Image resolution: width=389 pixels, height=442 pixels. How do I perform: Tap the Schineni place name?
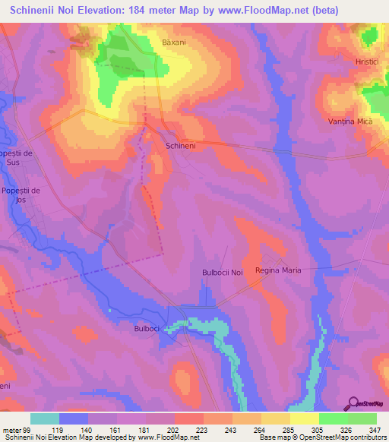[181, 144]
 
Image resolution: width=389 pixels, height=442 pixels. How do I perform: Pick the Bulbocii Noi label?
[222, 273]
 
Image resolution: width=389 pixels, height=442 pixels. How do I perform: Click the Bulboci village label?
[146, 329]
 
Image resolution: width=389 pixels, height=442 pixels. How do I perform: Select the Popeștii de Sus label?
[20, 157]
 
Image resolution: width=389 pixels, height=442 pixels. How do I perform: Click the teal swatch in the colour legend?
[45, 418]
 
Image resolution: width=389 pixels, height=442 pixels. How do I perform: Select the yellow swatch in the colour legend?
[304, 418]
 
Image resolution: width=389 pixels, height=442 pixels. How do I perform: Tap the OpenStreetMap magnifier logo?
[352, 403]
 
